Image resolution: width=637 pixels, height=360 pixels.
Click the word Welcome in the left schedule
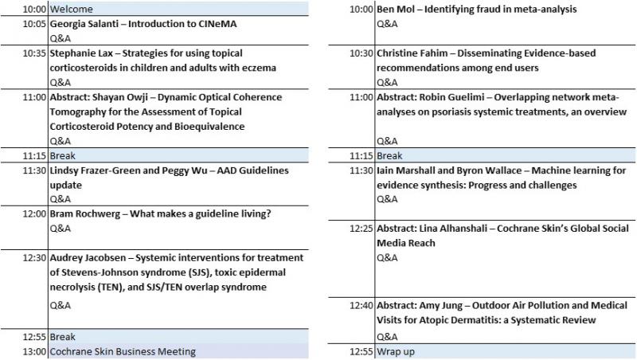coord(71,10)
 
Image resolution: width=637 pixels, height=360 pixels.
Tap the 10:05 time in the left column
coord(33,24)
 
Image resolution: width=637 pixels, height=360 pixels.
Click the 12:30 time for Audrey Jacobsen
coord(33,257)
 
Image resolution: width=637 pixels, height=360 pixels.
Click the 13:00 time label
coord(33,351)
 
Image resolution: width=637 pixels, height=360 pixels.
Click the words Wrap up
coord(395,351)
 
